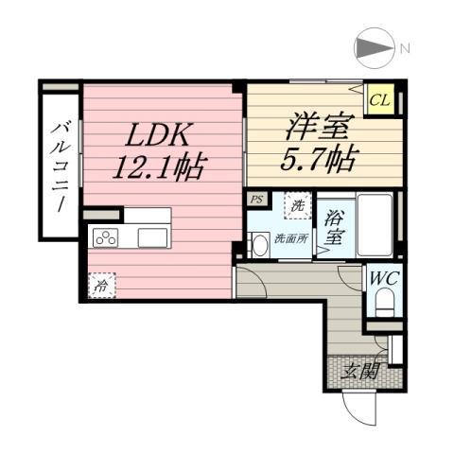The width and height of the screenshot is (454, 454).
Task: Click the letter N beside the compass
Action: click(404, 48)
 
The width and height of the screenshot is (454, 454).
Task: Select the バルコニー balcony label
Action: click(60, 165)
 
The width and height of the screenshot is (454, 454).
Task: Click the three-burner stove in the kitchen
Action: click(104, 237)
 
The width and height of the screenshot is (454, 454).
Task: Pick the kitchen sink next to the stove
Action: click(152, 237)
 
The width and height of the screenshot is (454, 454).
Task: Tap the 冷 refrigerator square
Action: click(100, 285)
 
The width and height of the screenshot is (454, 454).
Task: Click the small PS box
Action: click(256, 201)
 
